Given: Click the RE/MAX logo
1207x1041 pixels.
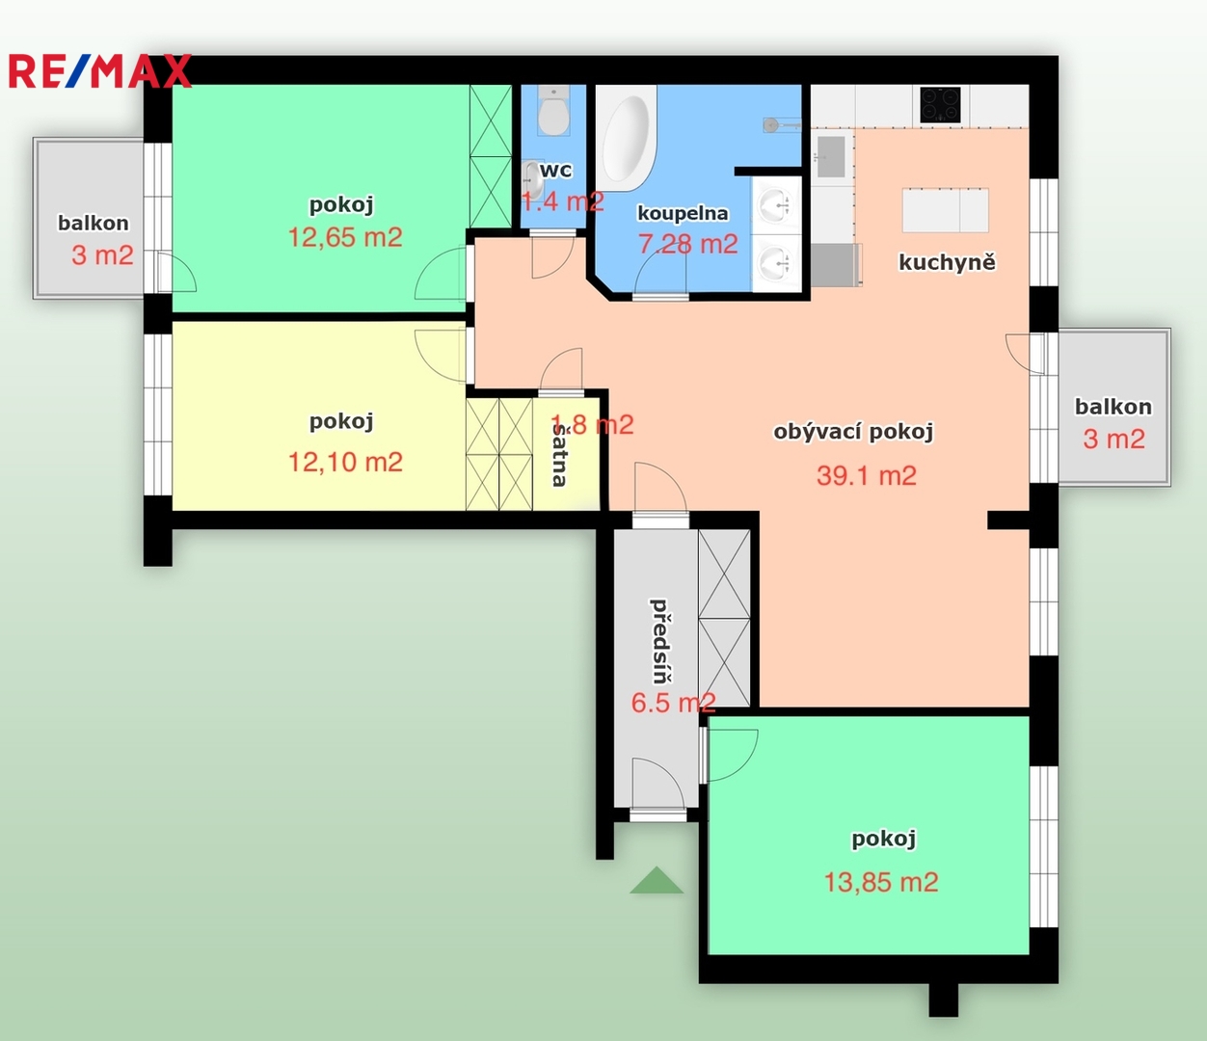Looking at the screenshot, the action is (100, 70).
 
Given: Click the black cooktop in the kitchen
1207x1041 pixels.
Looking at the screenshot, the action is (940, 104).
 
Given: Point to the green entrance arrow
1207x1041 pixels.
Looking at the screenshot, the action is (657, 880).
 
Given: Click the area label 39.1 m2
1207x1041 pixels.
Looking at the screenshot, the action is (867, 476).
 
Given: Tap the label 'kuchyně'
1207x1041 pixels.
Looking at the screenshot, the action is (947, 262).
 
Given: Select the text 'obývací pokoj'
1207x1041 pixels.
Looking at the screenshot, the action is (853, 432).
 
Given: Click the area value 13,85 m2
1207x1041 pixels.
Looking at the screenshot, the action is (881, 882).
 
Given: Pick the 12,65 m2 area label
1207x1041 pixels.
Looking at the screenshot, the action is (345, 238).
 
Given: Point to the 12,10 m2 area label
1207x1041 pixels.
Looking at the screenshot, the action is (345, 463).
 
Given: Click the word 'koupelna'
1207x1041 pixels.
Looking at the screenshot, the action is (683, 214).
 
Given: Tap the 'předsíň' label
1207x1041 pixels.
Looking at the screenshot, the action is (660, 641).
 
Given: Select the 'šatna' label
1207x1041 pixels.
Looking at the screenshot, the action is (559, 455).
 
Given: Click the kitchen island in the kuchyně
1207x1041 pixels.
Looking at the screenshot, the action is (946, 210).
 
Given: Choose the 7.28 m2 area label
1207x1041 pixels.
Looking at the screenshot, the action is (688, 244).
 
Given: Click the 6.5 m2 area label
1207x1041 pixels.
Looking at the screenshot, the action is (673, 703).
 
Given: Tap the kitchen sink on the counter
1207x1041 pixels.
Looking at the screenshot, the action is (830, 156).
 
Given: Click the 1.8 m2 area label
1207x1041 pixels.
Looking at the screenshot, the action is (592, 424).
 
